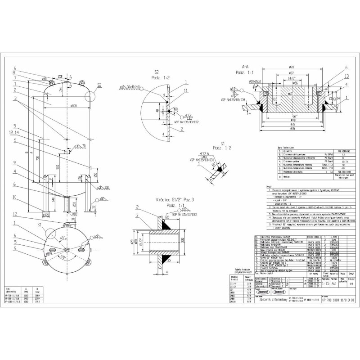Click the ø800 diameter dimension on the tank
tap(71, 106)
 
